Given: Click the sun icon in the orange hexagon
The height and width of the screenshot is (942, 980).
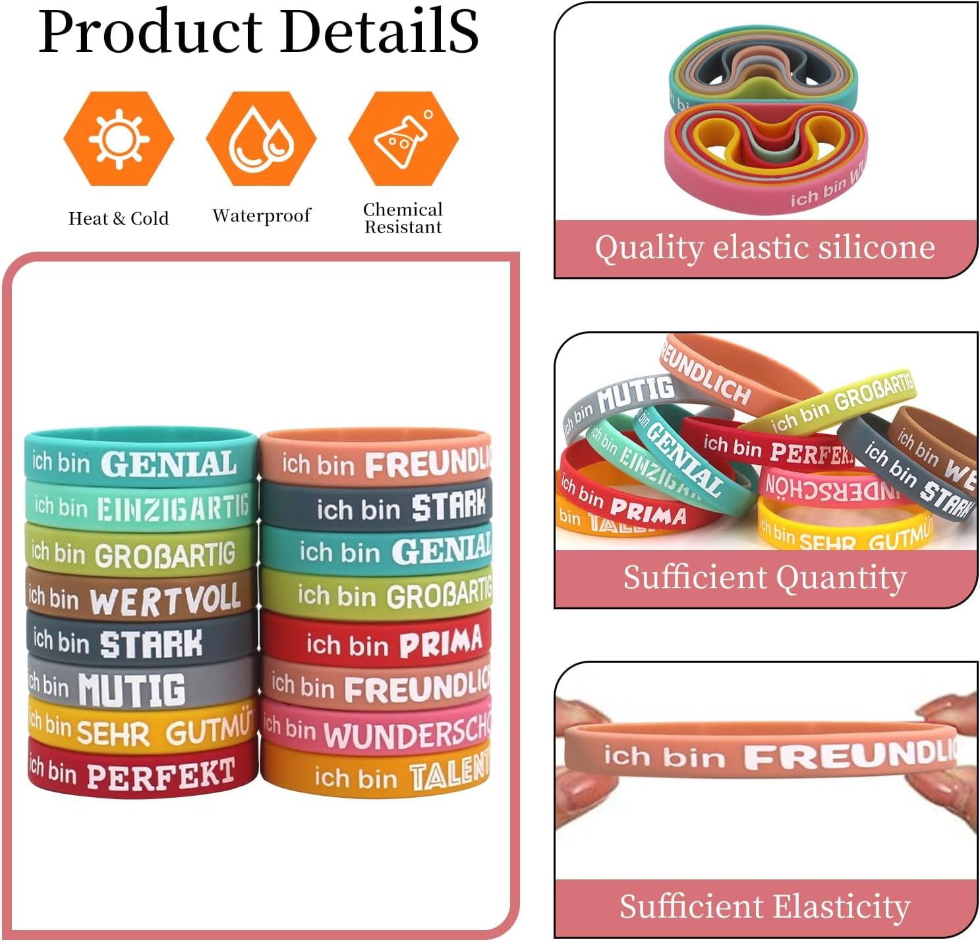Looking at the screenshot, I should [x=119, y=138].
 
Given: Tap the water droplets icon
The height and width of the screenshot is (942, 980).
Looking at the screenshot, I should [x=261, y=138].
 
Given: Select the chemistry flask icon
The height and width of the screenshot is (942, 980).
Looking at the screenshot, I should [x=403, y=138].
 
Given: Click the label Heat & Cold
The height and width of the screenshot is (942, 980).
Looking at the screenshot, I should [x=119, y=219].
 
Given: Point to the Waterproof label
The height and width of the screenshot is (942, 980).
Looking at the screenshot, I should [x=261, y=216].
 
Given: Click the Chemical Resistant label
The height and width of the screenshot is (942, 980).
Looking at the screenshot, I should [x=403, y=218].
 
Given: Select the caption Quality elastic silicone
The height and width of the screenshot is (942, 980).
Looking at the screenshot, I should [x=764, y=248].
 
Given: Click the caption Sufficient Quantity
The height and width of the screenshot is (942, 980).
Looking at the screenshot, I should [x=764, y=578].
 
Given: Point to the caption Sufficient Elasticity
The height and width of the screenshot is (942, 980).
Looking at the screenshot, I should [x=764, y=906].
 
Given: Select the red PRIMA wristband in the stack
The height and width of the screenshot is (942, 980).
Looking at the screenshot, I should [x=376, y=642].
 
